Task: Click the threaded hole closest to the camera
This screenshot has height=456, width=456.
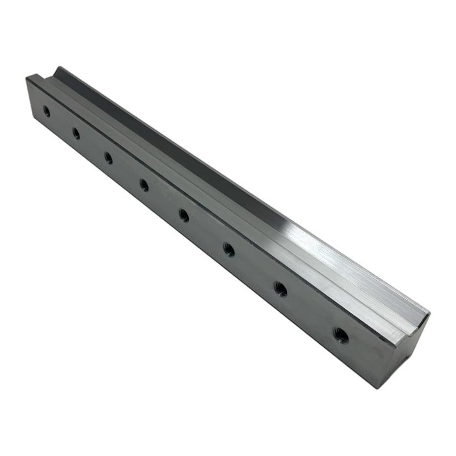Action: (340, 336)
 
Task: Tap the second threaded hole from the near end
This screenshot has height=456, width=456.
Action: (280, 289)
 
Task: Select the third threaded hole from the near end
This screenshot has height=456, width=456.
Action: (229, 248)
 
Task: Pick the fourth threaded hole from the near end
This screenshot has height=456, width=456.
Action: (184, 214)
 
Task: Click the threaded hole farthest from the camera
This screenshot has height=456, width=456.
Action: (46, 111)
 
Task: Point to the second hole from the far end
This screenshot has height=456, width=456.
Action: (76, 134)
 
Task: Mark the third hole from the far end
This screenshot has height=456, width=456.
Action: (108, 158)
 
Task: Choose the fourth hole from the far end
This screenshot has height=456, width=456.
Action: (144, 185)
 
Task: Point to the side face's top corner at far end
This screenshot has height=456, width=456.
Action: (27, 78)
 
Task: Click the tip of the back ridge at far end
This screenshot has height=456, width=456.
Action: (58, 67)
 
